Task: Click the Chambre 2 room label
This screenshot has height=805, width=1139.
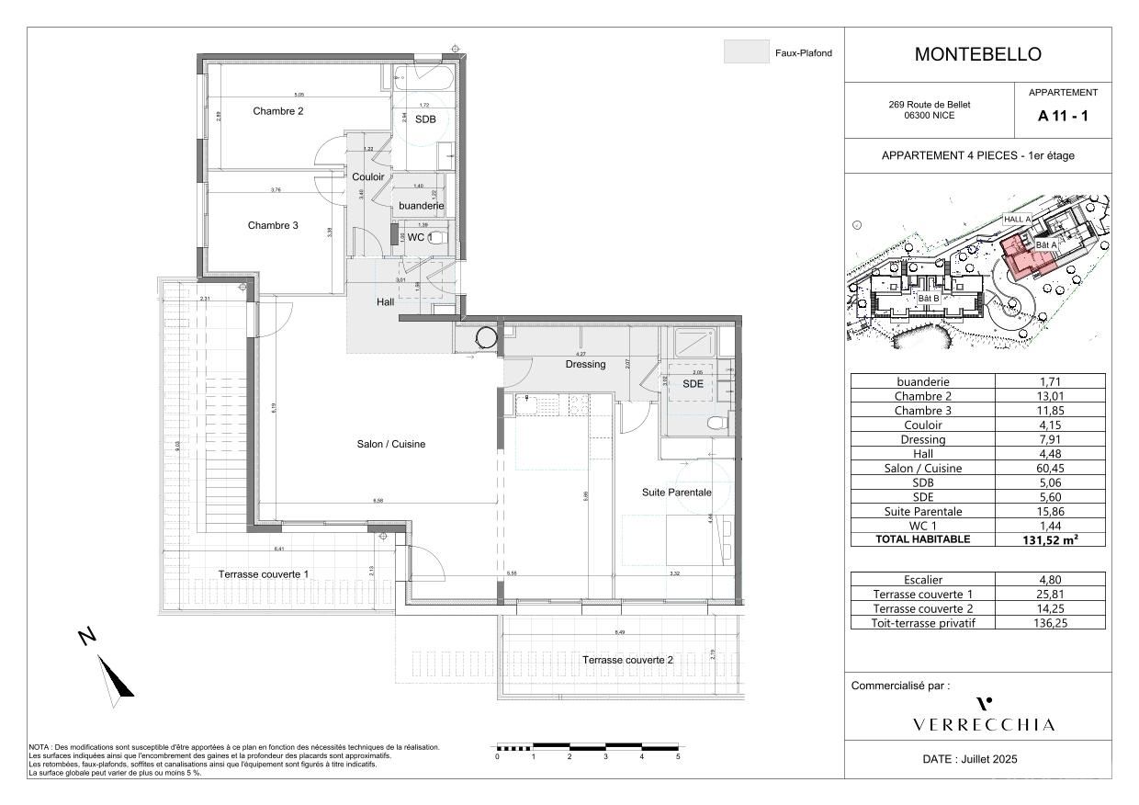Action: [x=278, y=111]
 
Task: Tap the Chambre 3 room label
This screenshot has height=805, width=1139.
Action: [x=273, y=225]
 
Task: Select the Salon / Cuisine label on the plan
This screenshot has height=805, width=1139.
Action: [x=391, y=445]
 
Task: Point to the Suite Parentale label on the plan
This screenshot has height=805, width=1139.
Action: [x=676, y=493]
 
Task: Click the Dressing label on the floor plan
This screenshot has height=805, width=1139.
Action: [x=585, y=365]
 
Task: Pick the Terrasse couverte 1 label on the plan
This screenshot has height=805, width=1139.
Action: [x=263, y=574]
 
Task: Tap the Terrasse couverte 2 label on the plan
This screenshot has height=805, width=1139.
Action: [x=627, y=661]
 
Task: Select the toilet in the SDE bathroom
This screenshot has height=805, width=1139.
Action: [x=716, y=424]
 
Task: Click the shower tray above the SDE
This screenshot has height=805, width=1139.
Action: [x=694, y=342]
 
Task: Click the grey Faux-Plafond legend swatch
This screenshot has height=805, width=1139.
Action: [x=746, y=52]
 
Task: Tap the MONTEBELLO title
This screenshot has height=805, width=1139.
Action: [x=977, y=54]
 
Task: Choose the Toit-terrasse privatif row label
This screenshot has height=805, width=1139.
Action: [x=922, y=623]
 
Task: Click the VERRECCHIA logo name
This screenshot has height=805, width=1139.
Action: [x=984, y=725]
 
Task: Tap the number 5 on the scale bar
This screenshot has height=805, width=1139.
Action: [x=678, y=757]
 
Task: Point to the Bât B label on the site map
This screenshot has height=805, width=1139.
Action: [x=929, y=298]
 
